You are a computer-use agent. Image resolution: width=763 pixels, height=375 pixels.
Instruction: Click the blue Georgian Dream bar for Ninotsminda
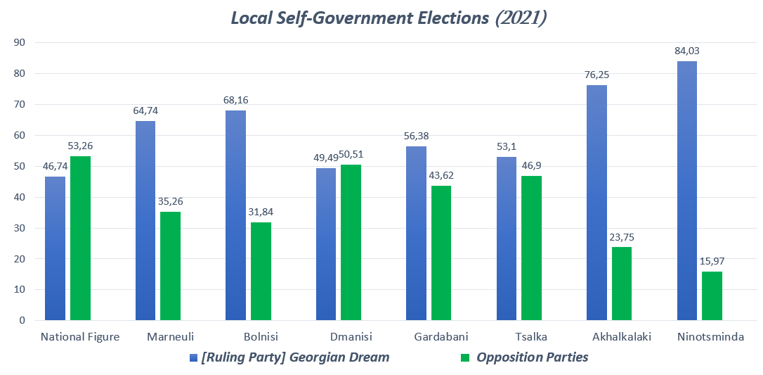point(686,191)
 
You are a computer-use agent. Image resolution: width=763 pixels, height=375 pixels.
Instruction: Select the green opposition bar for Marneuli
point(170,266)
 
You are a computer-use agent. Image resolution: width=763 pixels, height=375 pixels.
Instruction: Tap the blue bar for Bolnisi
point(235,215)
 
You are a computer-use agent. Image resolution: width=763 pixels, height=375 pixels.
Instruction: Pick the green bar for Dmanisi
point(351,242)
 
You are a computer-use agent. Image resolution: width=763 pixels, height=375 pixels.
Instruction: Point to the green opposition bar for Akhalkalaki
point(622,284)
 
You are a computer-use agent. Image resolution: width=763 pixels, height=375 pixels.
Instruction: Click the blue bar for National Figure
point(55,248)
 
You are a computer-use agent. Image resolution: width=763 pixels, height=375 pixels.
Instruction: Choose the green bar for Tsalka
point(531,248)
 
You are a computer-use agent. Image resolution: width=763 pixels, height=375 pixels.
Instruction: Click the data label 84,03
point(686,51)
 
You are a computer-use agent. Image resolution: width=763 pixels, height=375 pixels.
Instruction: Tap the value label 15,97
point(712,261)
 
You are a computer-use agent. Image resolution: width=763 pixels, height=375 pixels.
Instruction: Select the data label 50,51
point(351,154)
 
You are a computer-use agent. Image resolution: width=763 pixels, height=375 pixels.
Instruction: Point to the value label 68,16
point(235,100)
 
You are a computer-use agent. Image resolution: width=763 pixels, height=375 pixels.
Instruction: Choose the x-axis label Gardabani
point(441,337)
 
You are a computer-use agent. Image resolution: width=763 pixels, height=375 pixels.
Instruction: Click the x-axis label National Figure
point(80,337)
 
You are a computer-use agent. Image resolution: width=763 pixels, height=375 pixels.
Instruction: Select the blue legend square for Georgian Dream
point(193,358)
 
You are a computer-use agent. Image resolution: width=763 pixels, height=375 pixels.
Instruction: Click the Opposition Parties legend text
point(532,357)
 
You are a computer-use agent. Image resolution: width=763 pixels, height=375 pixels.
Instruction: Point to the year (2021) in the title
point(521,18)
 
